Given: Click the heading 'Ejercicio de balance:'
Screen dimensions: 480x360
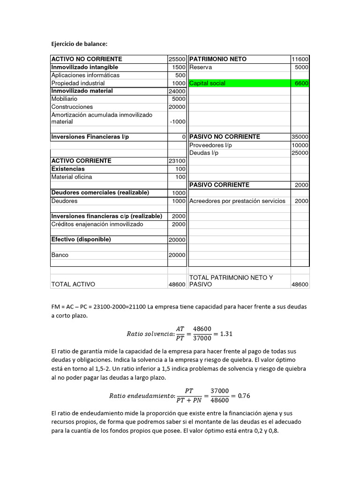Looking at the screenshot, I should point(79,44).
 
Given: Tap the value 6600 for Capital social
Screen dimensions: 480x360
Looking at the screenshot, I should point(301,83).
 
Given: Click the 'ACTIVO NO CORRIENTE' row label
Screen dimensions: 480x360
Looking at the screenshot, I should point(87,59).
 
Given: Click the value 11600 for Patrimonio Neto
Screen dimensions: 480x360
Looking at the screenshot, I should point(300,60).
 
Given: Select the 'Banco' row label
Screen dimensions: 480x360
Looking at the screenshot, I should point(60,255).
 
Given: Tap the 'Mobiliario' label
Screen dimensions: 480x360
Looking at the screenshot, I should point(64,99).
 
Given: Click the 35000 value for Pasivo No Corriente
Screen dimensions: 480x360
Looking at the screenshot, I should point(300,137).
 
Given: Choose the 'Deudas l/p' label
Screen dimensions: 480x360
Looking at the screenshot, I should point(204,153).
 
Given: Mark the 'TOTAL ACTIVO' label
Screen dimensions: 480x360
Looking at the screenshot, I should point(73,284).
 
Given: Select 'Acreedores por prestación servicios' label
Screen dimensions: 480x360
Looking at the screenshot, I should point(237,201).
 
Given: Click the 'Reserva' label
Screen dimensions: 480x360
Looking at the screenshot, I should point(201,67).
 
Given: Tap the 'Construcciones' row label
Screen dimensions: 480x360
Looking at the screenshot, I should point(72,107).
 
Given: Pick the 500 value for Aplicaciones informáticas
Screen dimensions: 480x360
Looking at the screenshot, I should point(180,75).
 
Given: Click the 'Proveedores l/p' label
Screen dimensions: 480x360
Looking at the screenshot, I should point(211,145).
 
